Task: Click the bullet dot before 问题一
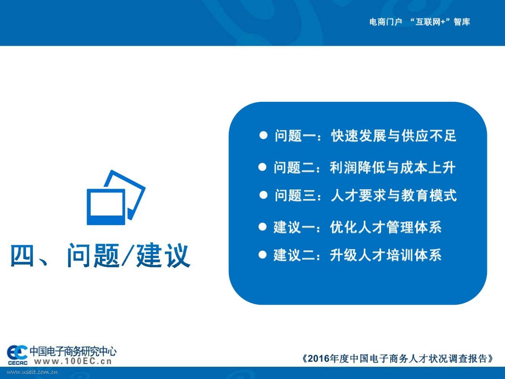(x=264, y=135)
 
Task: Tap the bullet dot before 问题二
(x=262, y=167)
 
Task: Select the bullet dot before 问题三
(x=264, y=195)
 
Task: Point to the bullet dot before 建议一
(x=262, y=227)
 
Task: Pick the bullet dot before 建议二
(x=262, y=255)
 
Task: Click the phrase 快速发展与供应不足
(x=394, y=135)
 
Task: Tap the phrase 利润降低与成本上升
(x=393, y=167)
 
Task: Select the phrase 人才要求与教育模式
(x=394, y=195)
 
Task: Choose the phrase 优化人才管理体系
(x=386, y=227)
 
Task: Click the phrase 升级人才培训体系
(x=386, y=255)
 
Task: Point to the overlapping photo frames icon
(x=116, y=197)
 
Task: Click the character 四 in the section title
(x=22, y=255)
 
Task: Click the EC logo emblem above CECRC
(x=17, y=352)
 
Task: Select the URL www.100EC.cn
(x=73, y=361)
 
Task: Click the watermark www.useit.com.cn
(x=32, y=372)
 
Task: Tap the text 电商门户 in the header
(x=385, y=22)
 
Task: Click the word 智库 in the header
(x=462, y=22)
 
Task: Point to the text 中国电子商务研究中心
(x=73, y=351)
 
